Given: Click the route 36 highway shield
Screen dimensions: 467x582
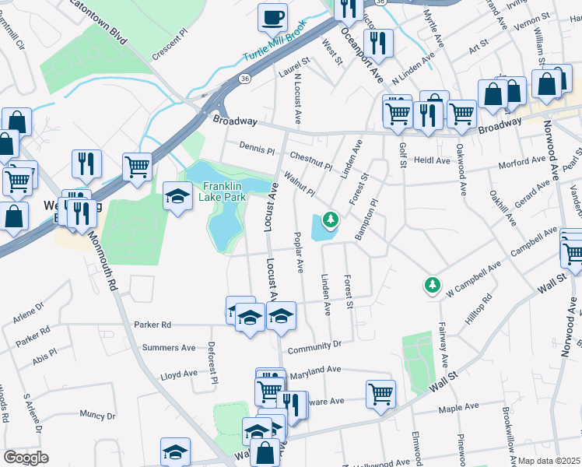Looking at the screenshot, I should click(245, 79).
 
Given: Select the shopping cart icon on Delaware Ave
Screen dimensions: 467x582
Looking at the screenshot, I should click(380, 394).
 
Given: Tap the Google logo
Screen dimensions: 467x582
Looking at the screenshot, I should click(26, 458).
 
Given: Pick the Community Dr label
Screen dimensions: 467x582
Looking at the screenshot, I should click(315, 345).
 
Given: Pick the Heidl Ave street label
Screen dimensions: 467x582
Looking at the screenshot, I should click(432, 161).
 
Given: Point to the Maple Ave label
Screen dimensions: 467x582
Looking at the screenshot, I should click(459, 408).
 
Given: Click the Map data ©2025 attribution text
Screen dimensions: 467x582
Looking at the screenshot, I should click(549, 461).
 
